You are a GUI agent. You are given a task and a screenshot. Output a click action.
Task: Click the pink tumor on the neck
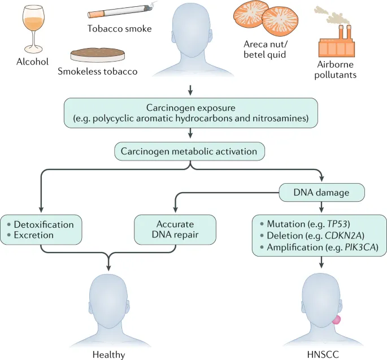point(337,319)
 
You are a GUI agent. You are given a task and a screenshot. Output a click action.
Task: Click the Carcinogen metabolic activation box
point(191,151)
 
